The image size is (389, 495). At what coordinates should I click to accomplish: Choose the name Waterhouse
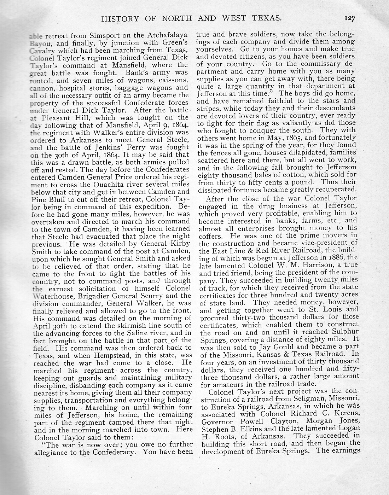[52, 296]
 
